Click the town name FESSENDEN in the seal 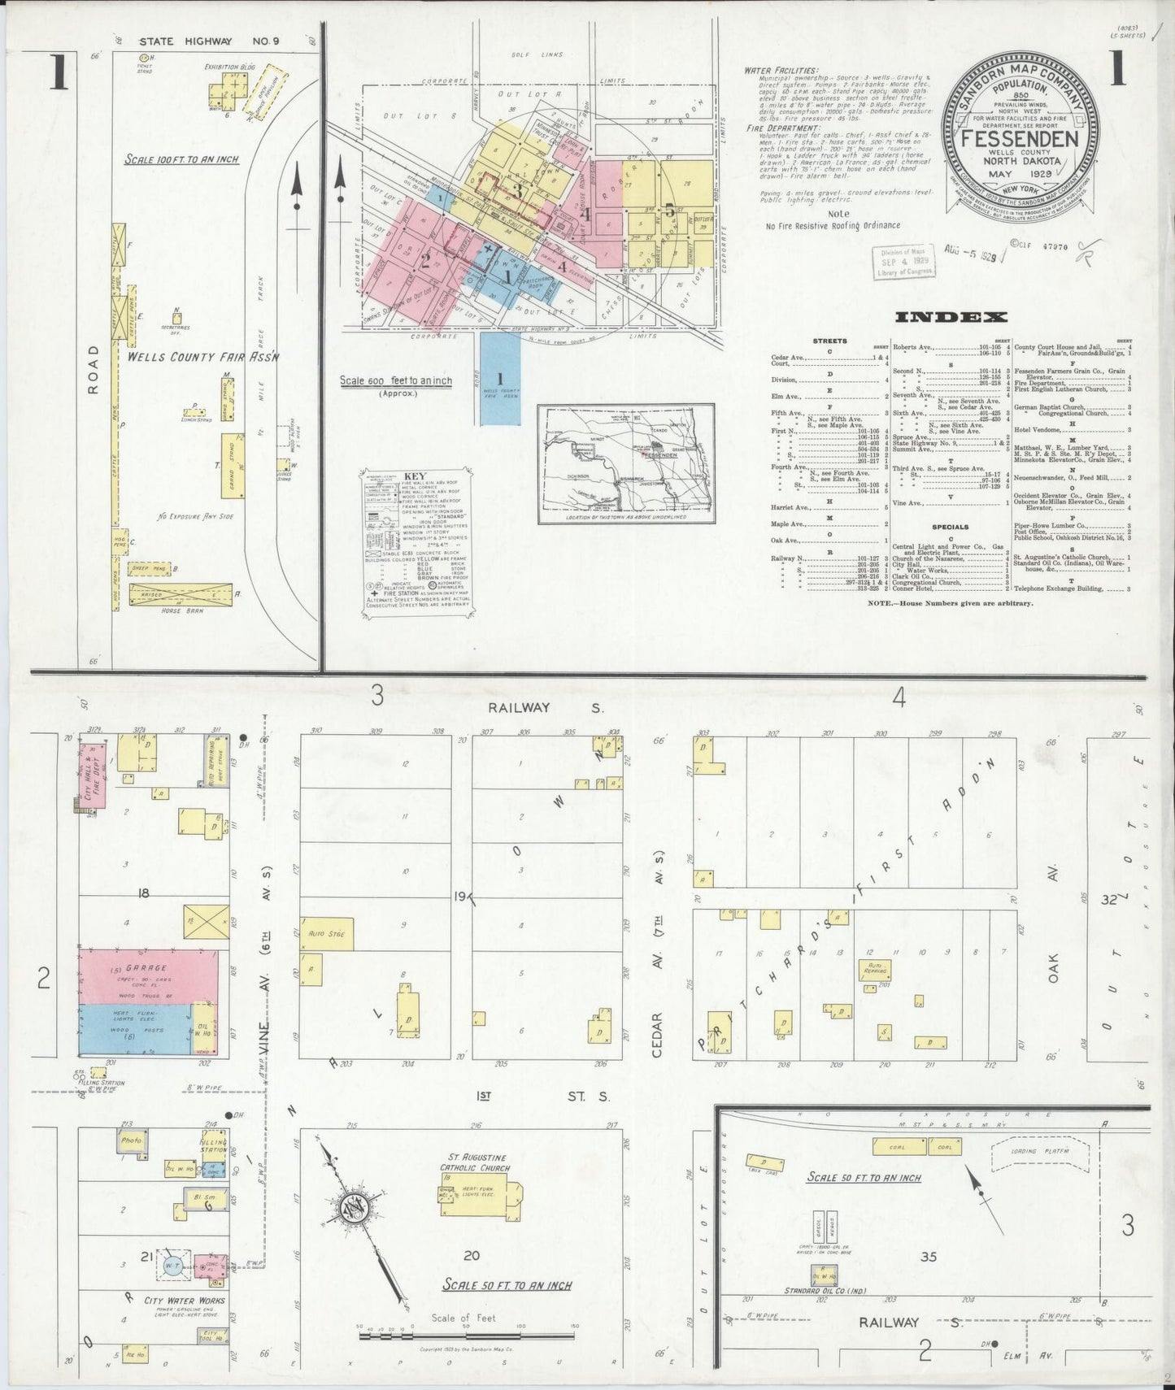click(x=1020, y=138)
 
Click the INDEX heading click(x=951, y=317)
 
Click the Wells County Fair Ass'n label click(x=203, y=356)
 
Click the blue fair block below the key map click(x=499, y=378)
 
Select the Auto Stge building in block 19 click(x=326, y=933)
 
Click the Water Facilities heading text click(x=781, y=71)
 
